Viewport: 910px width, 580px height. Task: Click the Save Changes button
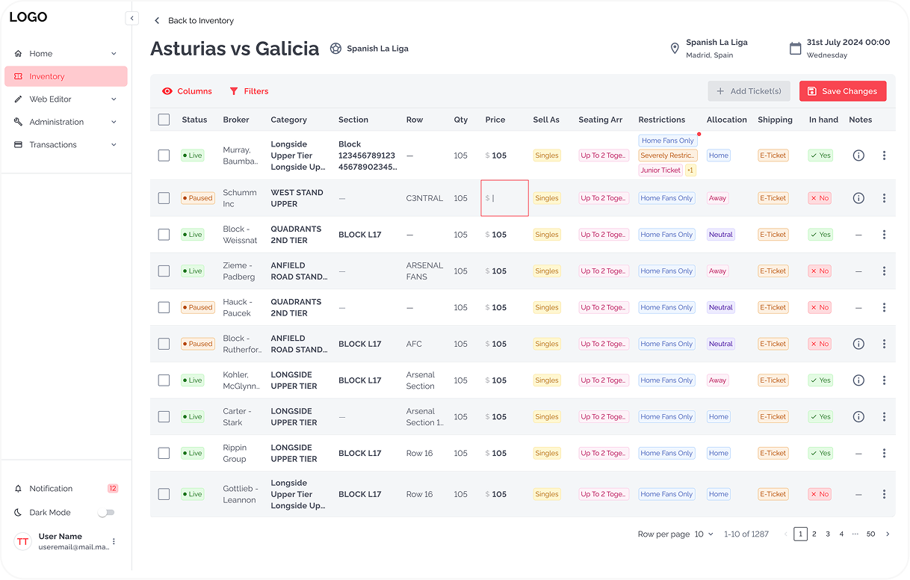(x=843, y=91)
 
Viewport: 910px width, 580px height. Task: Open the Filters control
(x=249, y=91)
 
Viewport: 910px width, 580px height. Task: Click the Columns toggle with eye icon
(x=187, y=91)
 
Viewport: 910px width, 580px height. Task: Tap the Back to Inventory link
(x=194, y=21)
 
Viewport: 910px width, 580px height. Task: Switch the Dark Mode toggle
(x=107, y=513)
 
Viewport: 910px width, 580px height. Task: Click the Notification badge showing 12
(x=113, y=489)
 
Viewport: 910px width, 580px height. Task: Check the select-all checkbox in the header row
(x=164, y=120)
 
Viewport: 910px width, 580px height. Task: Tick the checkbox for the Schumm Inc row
(x=164, y=198)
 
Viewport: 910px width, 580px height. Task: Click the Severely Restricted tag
(x=668, y=155)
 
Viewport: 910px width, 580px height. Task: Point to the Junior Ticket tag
(x=660, y=170)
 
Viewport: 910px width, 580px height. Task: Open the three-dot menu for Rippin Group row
(x=884, y=453)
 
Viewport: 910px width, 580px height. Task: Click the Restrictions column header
(x=661, y=120)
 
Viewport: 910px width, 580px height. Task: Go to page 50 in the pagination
(x=870, y=534)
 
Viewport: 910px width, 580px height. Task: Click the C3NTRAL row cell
(x=424, y=198)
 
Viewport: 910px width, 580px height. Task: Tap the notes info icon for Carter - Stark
(x=858, y=417)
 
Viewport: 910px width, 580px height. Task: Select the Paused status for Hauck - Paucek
(x=198, y=307)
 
